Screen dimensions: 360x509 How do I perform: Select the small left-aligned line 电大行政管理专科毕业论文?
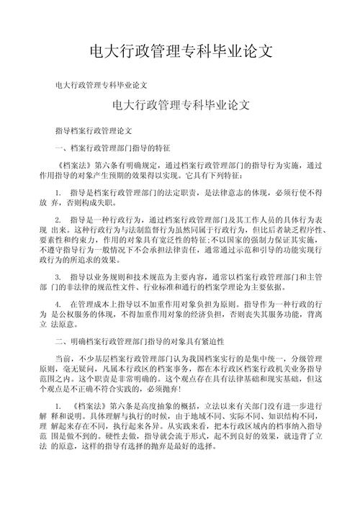[102, 85]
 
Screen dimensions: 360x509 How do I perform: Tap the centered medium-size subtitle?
[181, 104]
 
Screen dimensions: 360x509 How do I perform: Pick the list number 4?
[58, 306]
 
